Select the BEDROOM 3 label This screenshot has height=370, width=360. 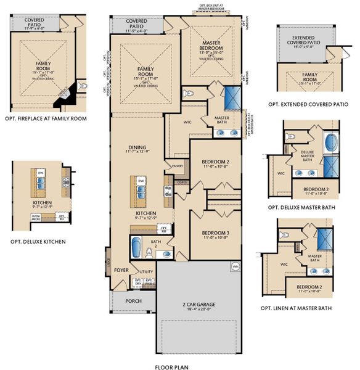pyautogui.click(x=215, y=234)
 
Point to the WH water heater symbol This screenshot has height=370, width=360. pyautogui.click(x=235, y=266)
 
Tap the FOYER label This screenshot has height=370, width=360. pyautogui.click(x=121, y=269)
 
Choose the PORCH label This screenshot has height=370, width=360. pyautogui.click(x=133, y=301)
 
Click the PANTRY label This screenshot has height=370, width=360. pyautogui.click(x=178, y=166)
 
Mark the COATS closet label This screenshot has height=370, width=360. pyautogui.click(x=181, y=182)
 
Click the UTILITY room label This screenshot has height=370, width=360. pyautogui.click(x=146, y=271)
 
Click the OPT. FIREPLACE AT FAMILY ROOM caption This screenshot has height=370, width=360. pyautogui.click(x=45, y=118)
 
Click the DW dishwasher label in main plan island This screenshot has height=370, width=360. pyautogui.click(x=141, y=181)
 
